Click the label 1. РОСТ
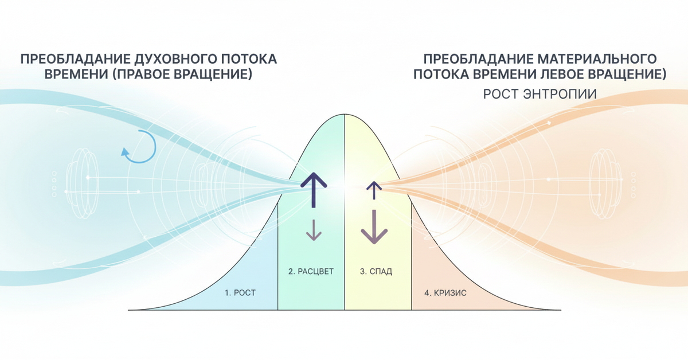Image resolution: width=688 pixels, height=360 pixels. [x=240, y=292]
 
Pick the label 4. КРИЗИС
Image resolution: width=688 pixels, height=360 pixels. [x=445, y=292]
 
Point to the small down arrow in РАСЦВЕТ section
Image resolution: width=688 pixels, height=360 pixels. [x=314, y=229]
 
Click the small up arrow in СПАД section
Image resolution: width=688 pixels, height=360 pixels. [x=374, y=190]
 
